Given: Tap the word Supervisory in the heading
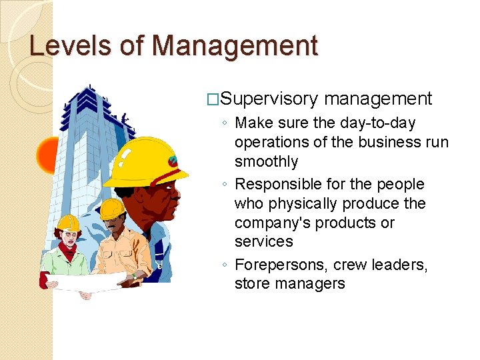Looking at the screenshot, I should [269, 99].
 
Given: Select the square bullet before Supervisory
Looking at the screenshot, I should [213, 100].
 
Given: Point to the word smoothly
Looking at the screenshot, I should [266, 161].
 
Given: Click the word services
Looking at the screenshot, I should [263, 241].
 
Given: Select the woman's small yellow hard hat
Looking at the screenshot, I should [68, 223].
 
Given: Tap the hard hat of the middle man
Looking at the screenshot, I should [112, 209].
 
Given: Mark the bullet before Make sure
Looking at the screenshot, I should [227, 124].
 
